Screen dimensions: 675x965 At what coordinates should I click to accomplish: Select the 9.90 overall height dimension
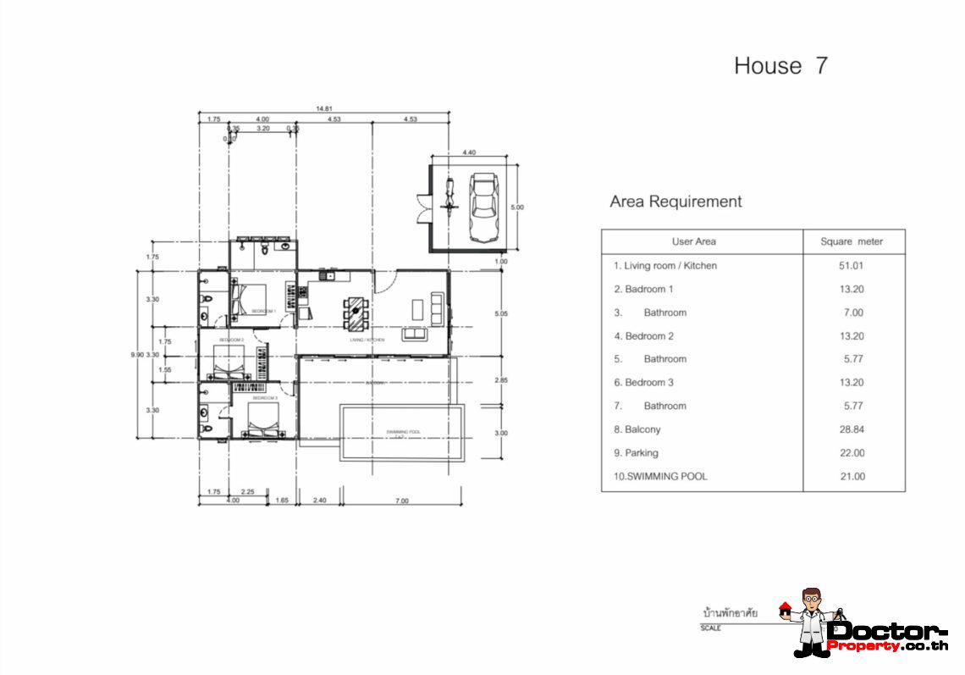137,355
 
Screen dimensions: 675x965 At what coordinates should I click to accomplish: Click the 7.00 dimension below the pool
401,501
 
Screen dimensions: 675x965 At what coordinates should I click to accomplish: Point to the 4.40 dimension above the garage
470,152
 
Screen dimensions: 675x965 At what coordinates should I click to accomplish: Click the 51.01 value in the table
852,266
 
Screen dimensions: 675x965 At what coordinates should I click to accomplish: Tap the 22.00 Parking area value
852,453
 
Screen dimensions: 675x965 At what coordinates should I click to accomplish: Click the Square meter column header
852,241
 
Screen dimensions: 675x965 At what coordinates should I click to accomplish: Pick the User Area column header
693,241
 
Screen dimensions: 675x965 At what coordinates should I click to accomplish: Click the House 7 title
780,66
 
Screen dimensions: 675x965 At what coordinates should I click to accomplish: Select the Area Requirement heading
675,202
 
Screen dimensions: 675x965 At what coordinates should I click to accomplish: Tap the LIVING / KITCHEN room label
367,340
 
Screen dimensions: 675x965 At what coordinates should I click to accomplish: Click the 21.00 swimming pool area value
852,476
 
